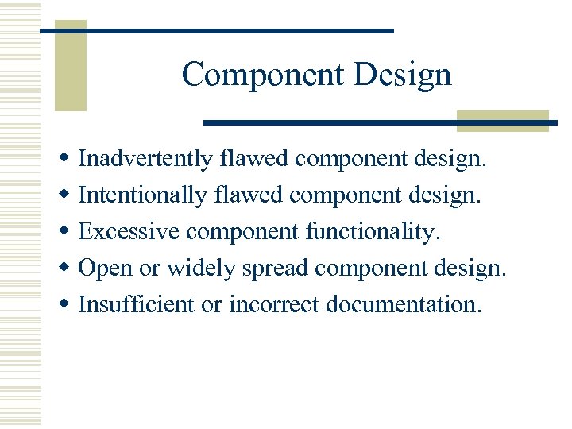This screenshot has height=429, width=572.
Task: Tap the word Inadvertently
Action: (145, 159)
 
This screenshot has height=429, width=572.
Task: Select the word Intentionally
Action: (142, 195)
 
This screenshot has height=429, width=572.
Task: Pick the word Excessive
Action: (130, 231)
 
